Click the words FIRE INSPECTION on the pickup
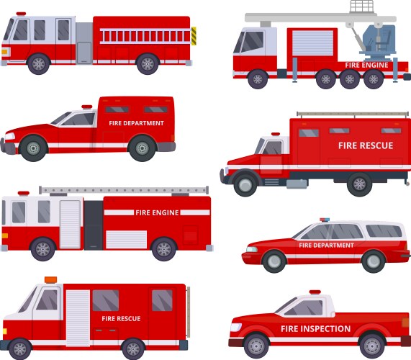(316, 329)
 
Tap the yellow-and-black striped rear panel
(193, 36)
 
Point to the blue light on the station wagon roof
(324, 220)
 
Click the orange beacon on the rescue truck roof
(50, 279)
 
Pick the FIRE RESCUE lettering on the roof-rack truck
(366, 145)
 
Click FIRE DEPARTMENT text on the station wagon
(326, 245)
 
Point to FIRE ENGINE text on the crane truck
(366, 65)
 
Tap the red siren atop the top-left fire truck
(20, 14)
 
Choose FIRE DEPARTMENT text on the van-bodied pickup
(136, 123)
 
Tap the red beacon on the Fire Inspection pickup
(315, 292)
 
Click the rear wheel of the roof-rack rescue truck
(359, 184)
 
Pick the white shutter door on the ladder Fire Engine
(71, 223)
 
